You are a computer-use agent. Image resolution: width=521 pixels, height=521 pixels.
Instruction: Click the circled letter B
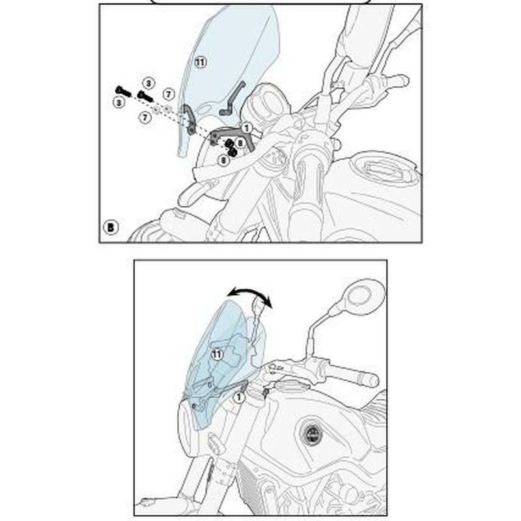pos(111,227)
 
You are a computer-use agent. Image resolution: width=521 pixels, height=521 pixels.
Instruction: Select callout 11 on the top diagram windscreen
pos(200,62)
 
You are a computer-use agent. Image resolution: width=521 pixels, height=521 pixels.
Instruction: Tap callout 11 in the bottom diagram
pos(217,354)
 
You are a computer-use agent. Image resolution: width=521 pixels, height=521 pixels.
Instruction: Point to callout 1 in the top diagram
pos(246,128)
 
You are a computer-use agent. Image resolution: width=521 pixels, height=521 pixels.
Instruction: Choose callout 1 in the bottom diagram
pos(239,397)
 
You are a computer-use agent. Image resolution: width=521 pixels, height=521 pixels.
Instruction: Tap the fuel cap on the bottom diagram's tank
pos(312,433)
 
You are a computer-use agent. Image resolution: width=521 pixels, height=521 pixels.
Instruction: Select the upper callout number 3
pos(148,83)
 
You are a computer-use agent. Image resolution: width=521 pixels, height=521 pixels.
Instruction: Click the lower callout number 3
pos(119,102)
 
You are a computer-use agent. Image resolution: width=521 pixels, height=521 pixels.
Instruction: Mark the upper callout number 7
pos(169,94)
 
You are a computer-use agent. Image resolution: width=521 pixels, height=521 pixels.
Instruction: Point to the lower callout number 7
pos(145,117)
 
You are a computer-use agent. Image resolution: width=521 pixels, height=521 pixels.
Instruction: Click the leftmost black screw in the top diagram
pos(123,91)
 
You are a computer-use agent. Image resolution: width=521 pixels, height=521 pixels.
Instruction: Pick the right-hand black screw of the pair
pos(145,96)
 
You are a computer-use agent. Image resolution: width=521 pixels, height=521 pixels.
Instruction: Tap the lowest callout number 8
pos(224,160)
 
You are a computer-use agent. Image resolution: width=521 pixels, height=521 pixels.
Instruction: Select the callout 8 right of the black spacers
pos(240,143)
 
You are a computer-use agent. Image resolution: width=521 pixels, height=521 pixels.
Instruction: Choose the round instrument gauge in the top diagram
pos(266,103)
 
